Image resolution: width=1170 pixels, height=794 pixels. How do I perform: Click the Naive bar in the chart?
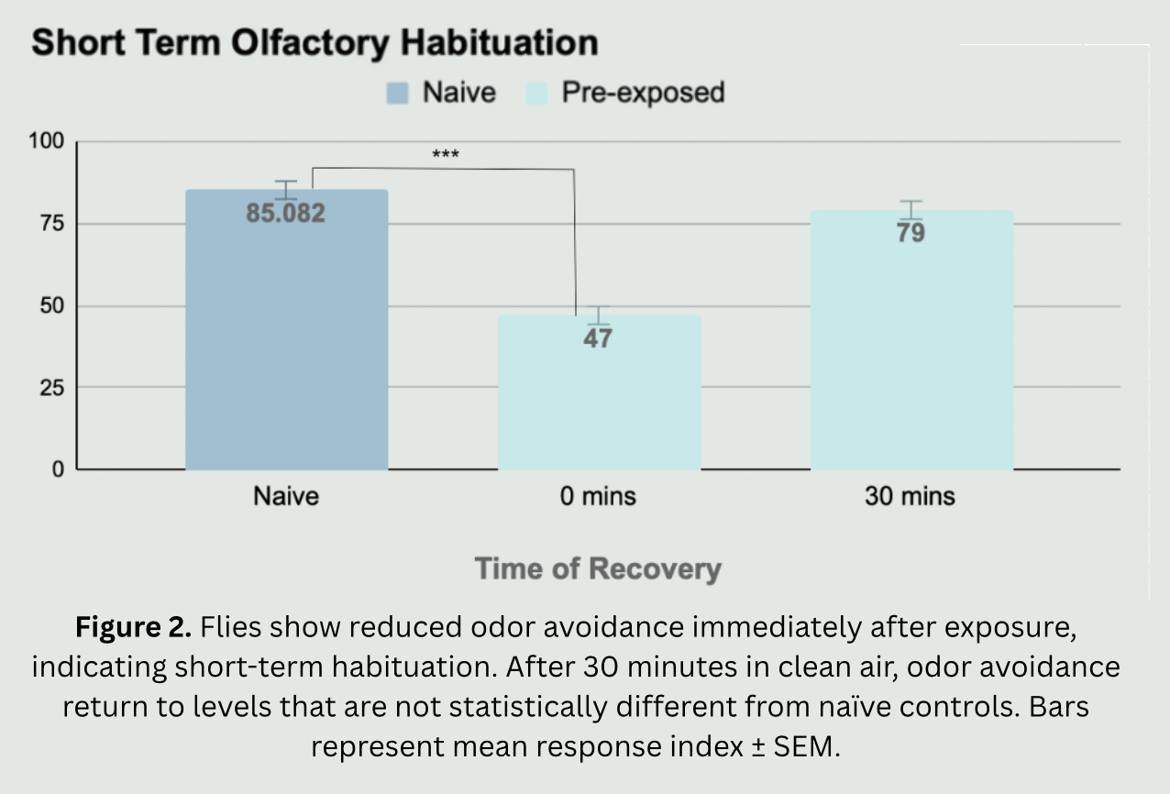click(x=286, y=348)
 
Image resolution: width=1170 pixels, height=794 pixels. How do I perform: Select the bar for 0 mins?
click(x=599, y=403)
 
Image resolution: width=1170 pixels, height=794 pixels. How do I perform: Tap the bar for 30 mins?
click(x=911, y=358)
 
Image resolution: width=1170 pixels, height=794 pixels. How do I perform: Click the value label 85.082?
click(x=285, y=214)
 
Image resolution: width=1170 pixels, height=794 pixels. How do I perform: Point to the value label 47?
click(x=598, y=338)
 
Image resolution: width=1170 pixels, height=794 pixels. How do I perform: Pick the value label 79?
click(x=911, y=233)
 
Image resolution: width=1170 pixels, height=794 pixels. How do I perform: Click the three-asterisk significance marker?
click(x=446, y=155)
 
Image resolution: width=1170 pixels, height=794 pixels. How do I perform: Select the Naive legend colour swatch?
click(x=397, y=93)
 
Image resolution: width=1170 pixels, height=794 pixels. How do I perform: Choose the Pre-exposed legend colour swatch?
click(x=536, y=93)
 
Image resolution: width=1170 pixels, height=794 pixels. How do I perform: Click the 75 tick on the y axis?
click(x=50, y=224)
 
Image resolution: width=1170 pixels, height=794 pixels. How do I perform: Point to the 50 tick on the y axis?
click(x=50, y=305)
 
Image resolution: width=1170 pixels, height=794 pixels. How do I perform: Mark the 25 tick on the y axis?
click(x=50, y=388)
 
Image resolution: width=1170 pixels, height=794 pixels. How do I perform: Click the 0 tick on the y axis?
click(x=58, y=469)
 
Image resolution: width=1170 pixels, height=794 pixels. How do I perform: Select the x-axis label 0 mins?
click(x=598, y=497)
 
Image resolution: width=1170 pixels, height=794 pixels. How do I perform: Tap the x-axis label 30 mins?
click(x=910, y=497)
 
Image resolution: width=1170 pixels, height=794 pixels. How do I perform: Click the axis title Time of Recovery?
click(x=598, y=568)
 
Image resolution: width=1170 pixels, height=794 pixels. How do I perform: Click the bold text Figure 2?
click(x=132, y=628)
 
